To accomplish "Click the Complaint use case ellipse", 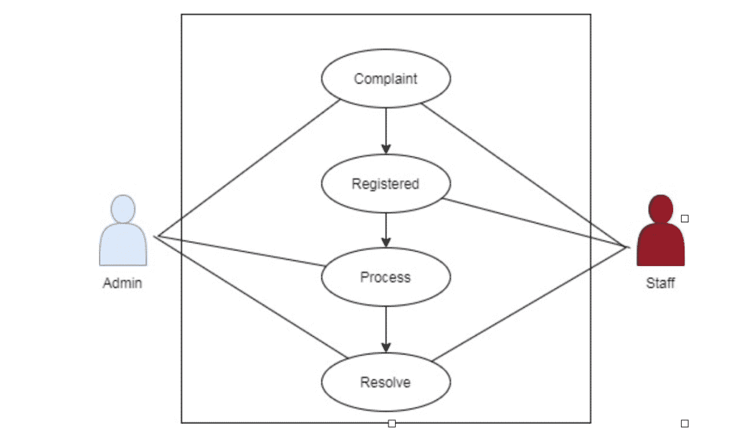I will click(386, 79).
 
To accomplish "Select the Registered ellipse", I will click(386, 184).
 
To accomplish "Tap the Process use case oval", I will click(386, 277).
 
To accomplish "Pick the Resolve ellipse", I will click(386, 382).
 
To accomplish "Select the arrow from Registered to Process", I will click(386, 229).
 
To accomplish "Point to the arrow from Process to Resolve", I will click(386, 329).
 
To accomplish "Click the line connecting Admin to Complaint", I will click(247, 169).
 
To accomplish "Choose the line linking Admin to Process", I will click(240, 251).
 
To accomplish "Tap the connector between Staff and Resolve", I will click(530, 302).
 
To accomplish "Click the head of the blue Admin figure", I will click(123, 209).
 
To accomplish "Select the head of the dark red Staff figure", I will click(660, 209).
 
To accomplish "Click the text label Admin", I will click(123, 283).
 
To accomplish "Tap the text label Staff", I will click(660, 283).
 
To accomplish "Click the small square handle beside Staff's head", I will click(685, 219).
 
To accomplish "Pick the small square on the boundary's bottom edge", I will click(391, 424).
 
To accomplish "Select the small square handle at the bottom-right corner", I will click(685, 424).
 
